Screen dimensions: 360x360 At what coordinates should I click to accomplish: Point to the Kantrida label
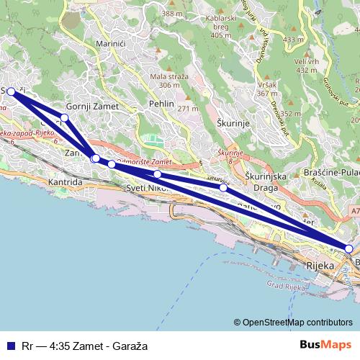[66, 183]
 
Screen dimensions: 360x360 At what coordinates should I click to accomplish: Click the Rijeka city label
[320, 266]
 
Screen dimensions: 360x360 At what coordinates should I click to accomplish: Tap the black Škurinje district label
[233, 123]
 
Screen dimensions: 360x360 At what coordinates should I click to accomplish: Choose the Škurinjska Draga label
[266, 181]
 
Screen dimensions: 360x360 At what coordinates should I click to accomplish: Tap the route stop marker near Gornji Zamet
[65, 117]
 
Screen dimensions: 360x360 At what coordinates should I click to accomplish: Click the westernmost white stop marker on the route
[11, 91]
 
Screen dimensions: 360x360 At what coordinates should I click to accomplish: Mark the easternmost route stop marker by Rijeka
[349, 248]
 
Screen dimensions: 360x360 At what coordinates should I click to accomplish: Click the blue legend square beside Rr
[10, 346]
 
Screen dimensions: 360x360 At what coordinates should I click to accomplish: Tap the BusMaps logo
[326, 345]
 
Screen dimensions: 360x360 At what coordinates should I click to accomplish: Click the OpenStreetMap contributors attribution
[294, 323]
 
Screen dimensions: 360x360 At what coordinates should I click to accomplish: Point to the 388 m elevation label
[172, 13]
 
